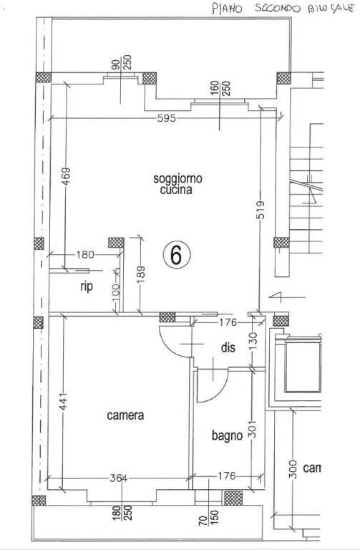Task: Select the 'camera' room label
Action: coord(125,415)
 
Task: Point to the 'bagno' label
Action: coord(225,435)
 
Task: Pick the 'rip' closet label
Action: coord(87,286)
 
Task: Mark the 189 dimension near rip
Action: coord(140,274)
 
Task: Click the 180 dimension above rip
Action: coord(85,254)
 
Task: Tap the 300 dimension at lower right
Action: coord(292,470)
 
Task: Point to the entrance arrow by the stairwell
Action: coord(276,296)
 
